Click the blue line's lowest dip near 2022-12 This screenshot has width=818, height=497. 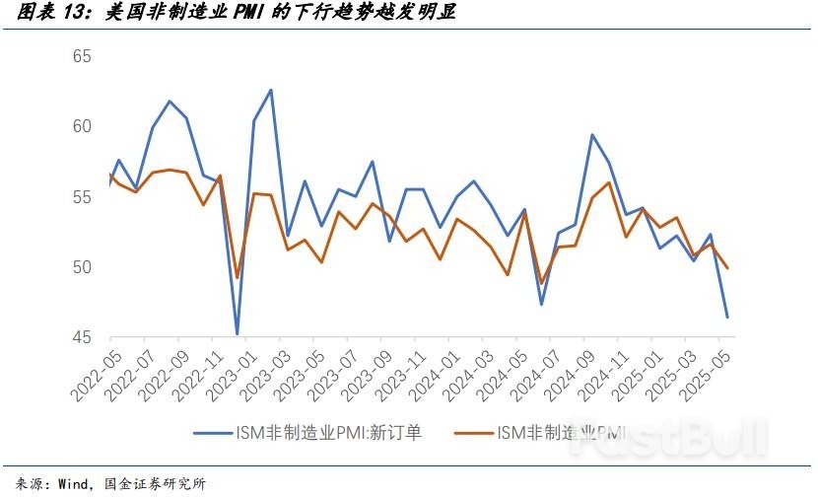(238, 334)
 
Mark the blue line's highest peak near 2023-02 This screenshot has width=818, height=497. (270, 90)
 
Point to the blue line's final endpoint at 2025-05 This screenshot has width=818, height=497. (727, 317)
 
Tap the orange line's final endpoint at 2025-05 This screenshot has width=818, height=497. (727, 268)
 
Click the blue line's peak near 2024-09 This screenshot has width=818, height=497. (591, 135)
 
